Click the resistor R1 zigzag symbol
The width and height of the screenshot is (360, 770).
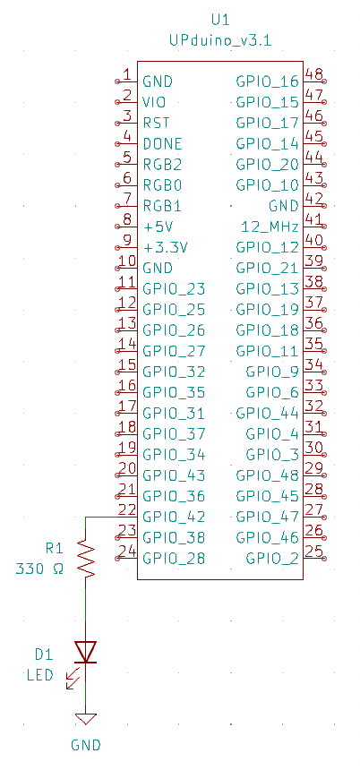(85, 559)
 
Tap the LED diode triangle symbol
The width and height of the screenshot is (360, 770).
(85, 652)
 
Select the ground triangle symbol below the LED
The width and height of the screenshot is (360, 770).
(85, 719)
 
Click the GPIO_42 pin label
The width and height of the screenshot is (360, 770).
(174, 518)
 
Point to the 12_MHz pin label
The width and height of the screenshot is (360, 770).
(270, 227)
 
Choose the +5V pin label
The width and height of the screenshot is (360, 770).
(159, 227)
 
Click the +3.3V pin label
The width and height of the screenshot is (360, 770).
(166, 248)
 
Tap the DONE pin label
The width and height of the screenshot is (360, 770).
(163, 144)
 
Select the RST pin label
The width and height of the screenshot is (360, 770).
(156, 124)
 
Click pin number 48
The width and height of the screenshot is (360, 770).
(313, 74)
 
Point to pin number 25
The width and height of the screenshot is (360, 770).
(313, 552)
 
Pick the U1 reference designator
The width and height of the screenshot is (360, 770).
(220, 20)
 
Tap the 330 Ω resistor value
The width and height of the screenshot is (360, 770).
(39, 569)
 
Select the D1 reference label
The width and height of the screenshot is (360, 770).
(44, 654)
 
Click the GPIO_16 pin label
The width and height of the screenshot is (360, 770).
(267, 82)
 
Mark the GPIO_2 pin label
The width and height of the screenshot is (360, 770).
(272, 559)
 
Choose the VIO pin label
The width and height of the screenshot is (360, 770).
(154, 103)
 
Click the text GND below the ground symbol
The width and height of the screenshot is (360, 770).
(86, 746)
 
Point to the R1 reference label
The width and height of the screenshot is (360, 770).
(54, 548)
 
